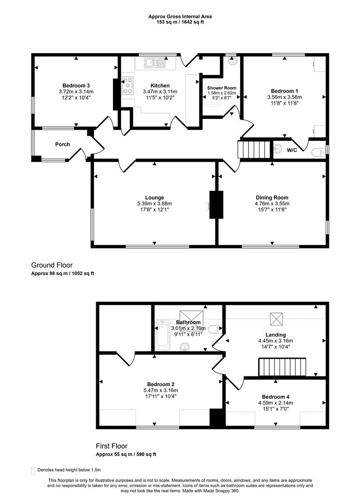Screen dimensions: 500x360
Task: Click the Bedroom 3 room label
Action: click(76, 86)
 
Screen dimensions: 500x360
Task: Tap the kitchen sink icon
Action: click(151, 62)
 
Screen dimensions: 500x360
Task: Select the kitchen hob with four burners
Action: click(127, 85)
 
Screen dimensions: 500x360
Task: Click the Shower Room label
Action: click(221, 87)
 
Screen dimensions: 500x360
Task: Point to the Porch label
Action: click(62, 144)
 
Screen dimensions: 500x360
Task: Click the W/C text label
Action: click(292, 150)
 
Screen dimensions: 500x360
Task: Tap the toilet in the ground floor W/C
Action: click(317, 151)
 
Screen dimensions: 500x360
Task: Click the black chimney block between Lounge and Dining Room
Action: click(216, 204)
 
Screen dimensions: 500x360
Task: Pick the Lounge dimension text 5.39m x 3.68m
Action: click(154, 204)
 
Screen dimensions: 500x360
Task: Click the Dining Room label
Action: click(272, 198)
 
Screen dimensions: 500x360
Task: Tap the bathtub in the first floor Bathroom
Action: click(162, 334)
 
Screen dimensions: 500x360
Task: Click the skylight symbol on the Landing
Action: click(277, 319)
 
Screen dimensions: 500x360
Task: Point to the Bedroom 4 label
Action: click(275, 397)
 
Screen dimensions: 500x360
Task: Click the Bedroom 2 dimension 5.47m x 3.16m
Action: click(161, 390)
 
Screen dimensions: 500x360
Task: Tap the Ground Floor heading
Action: click(52, 265)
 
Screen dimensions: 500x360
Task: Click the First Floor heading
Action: click(112, 446)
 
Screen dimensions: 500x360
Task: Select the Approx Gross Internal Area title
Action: click(180, 16)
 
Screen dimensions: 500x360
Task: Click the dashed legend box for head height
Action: click(32, 470)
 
